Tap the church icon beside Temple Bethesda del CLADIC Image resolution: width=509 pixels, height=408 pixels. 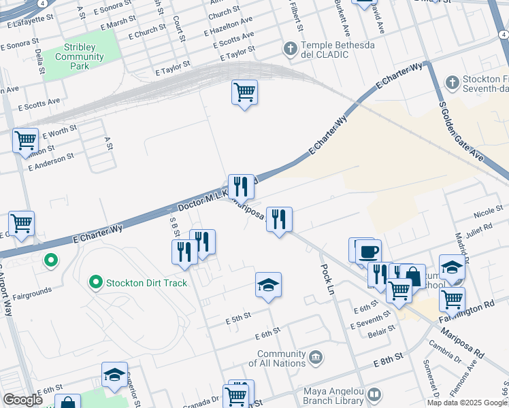click(x=290, y=49)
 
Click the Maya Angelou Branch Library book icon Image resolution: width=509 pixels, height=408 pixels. click(x=375, y=394)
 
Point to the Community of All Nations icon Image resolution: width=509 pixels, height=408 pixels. click(x=315, y=358)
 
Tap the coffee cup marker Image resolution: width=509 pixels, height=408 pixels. click(x=368, y=252)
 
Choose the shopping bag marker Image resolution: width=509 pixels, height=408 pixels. click(x=412, y=276)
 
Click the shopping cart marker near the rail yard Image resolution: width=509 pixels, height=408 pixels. click(x=244, y=91)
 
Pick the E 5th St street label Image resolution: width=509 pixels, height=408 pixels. click(x=238, y=317)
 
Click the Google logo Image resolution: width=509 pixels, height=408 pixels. click(x=22, y=400)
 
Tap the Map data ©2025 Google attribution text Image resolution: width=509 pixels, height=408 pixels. click(x=466, y=403)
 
